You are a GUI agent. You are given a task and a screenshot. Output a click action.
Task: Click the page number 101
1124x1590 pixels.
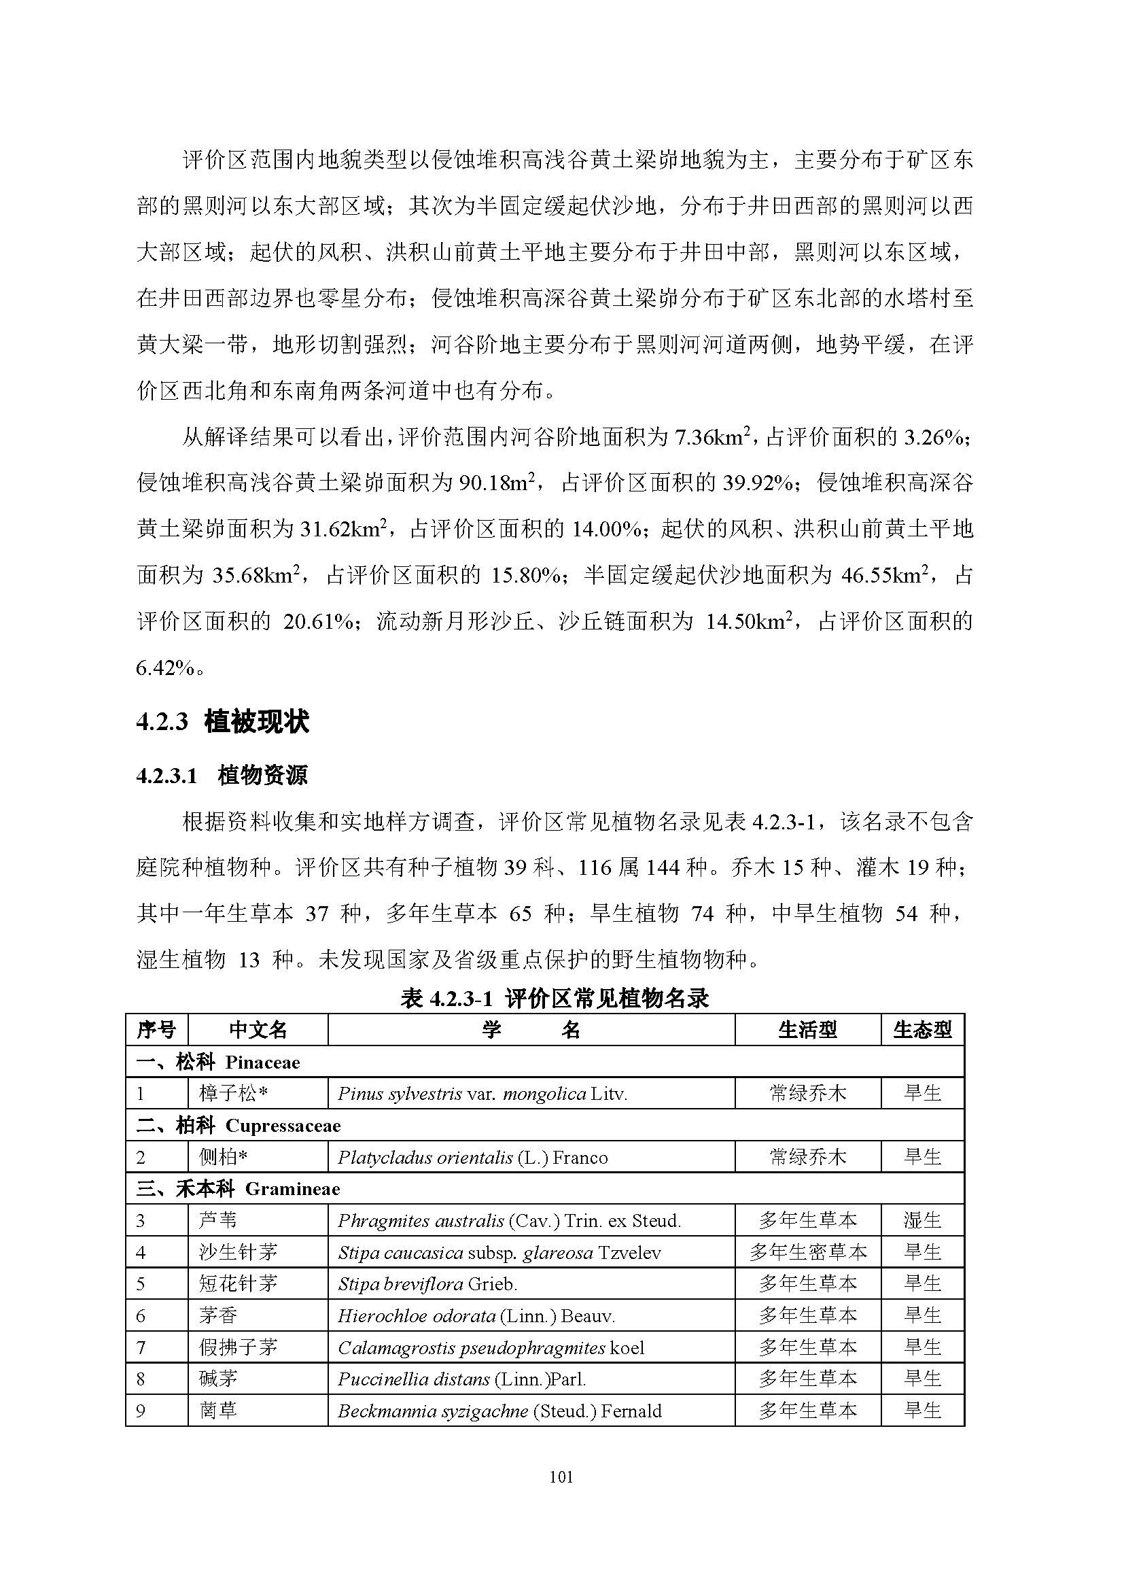pos(561,1477)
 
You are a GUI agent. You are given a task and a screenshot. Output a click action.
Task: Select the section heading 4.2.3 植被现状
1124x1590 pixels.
pos(222,722)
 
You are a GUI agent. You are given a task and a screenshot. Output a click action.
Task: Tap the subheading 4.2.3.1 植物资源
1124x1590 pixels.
pos(222,775)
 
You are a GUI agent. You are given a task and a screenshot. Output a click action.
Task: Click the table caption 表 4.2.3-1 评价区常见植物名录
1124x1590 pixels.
pos(555,998)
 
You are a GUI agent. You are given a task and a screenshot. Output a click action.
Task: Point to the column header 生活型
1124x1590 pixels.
pos(807,1030)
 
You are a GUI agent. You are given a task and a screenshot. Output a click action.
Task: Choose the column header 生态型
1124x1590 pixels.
pos(922,1030)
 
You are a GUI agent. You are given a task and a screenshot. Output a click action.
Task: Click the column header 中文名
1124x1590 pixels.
pos(258,1030)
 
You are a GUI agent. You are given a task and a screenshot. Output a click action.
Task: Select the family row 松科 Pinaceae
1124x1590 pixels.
pos(218,1062)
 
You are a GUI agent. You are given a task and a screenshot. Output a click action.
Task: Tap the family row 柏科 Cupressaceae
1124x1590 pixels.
pos(238,1125)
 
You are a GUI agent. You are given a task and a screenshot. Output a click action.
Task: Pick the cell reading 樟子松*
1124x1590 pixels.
pos(232,1094)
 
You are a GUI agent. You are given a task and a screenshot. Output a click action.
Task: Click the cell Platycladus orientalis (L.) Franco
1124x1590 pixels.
pos(473,1157)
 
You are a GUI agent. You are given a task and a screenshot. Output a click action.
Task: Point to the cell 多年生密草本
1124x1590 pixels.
pos(807,1252)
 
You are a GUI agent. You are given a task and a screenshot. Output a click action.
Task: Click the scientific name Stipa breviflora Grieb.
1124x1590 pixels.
pos(427,1284)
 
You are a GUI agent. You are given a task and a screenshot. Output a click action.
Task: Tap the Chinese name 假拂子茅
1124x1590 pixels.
pos(238,1347)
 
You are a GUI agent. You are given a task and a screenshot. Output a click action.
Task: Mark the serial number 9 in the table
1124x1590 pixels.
pos(141,1411)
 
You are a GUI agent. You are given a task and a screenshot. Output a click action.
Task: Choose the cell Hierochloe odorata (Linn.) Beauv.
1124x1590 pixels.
pos(476,1316)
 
